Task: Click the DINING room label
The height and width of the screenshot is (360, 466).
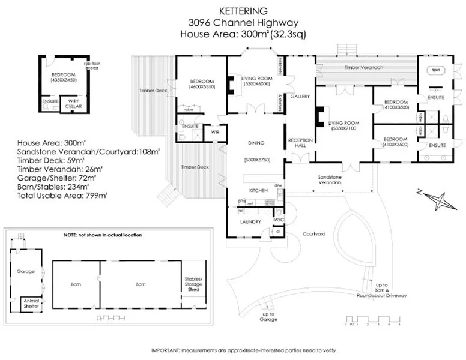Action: point(256,143)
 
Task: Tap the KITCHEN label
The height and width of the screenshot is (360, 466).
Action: point(258,190)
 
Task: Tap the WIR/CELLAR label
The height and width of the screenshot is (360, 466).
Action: point(73,104)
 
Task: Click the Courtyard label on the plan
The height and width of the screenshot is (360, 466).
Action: point(313,234)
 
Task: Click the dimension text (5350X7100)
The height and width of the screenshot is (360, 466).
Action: point(343,128)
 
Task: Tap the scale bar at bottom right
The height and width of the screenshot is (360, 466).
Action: point(372,319)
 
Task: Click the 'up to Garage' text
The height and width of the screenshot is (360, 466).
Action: point(269,317)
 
